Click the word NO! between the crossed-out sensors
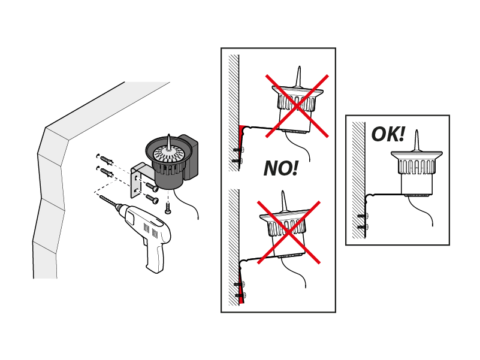[280, 168]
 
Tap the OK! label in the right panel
[388, 134]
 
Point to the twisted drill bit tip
[108, 200]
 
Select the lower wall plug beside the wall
[106, 173]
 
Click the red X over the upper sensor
[297, 106]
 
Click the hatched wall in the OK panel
[359, 180]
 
